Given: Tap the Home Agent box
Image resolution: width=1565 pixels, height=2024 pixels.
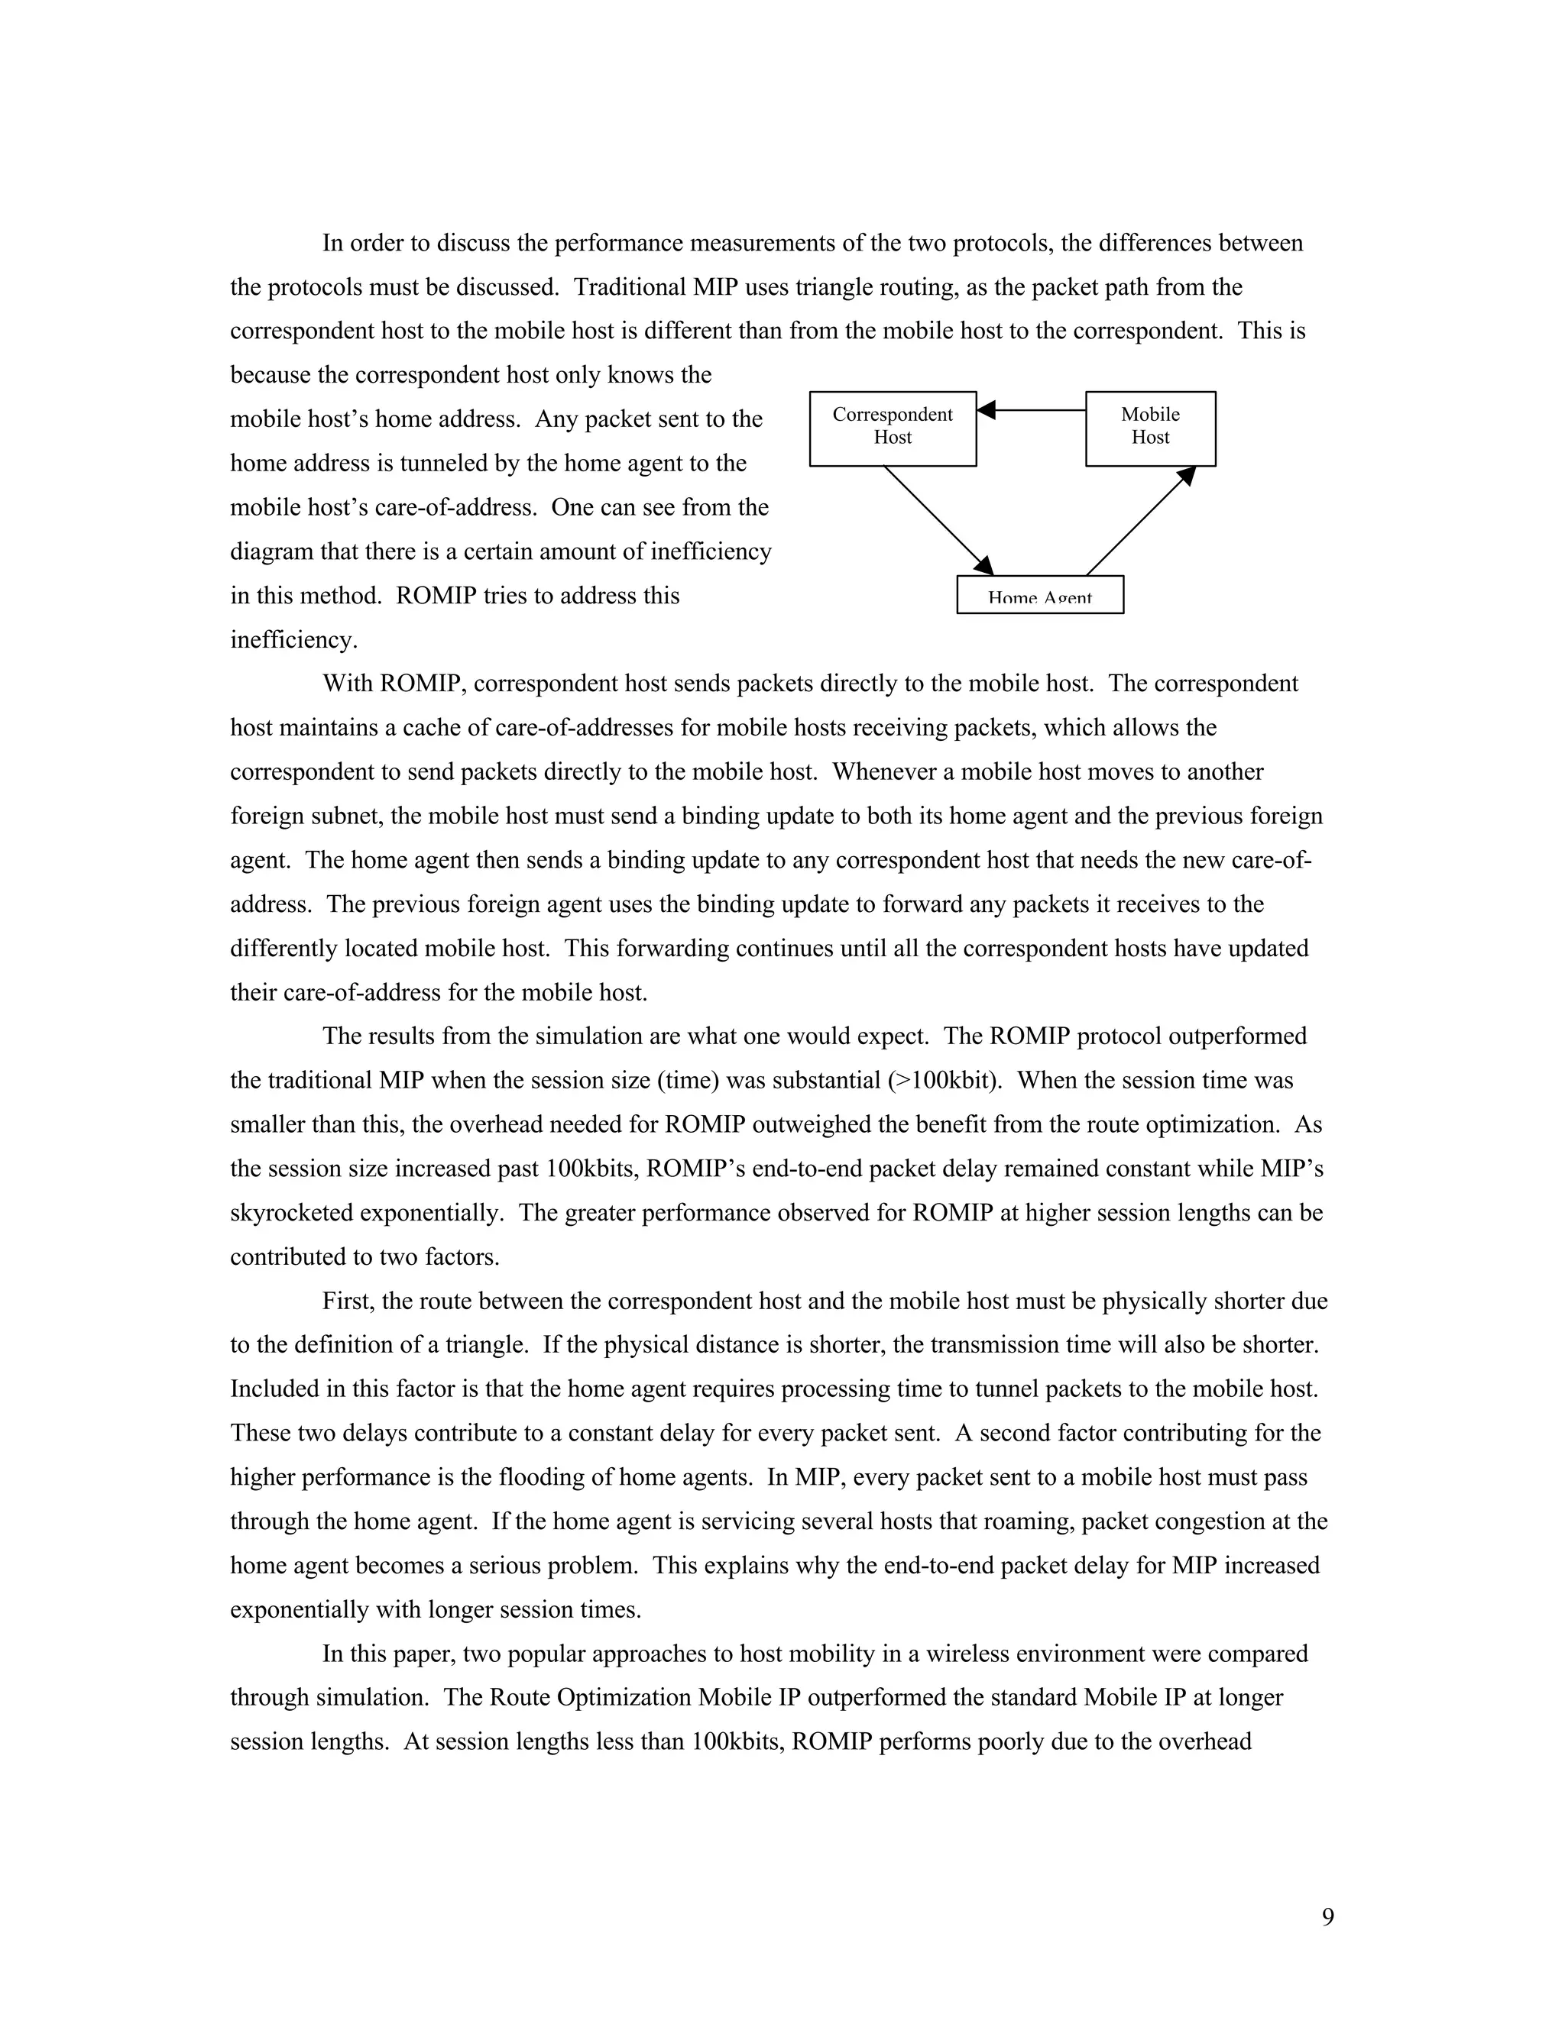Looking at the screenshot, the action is point(1039,595).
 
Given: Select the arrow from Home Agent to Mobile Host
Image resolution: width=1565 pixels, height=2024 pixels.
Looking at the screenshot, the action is point(1140,520).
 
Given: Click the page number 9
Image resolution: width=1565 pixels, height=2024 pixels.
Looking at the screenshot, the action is point(1327,1916).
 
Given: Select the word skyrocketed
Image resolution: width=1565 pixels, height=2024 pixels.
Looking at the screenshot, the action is point(291,1213).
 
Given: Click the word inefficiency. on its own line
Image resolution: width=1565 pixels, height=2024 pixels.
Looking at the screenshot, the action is point(293,640).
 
